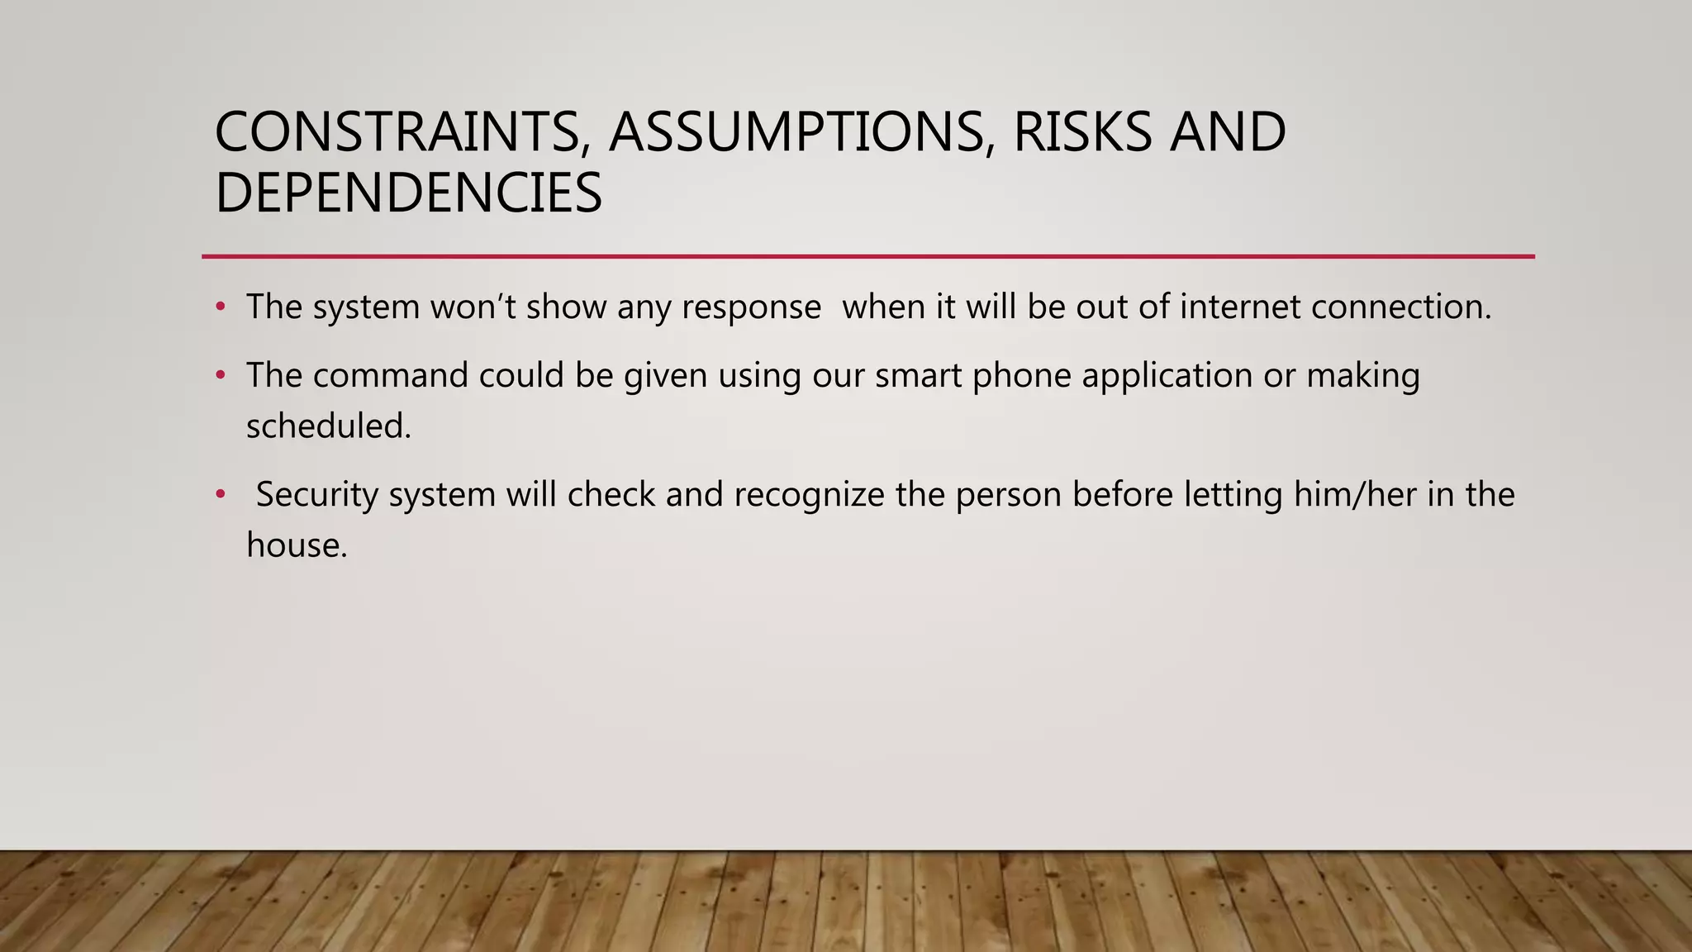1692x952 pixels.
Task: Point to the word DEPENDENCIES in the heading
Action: coord(408,193)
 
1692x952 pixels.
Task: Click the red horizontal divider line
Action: coord(867,256)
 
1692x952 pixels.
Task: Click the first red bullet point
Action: coord(220,307)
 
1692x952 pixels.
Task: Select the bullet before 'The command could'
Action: coord(220,376)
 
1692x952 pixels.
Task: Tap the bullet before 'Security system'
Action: coord(220,495)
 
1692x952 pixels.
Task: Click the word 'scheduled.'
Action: coord(328,427)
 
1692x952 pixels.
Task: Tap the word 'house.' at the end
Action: coord(297,545)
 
